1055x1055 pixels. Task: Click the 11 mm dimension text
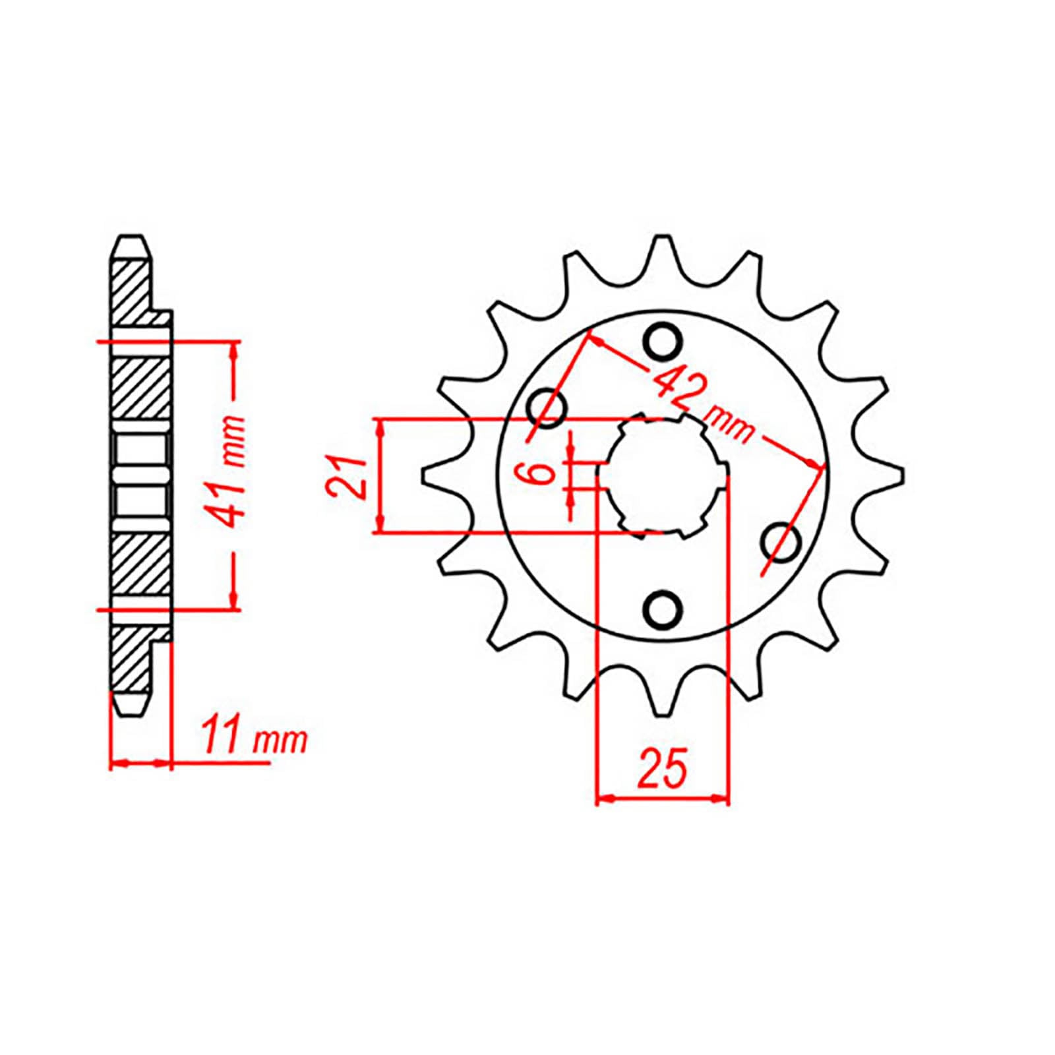pos(254,740)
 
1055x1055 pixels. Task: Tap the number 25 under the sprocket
pos(662,769)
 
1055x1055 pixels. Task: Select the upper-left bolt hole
pos(548,409)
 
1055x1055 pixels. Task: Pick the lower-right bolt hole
pos(782,541)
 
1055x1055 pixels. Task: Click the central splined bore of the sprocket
pos(663,475)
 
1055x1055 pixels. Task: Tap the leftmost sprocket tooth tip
pos(425,475)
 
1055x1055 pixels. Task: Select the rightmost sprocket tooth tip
pos(899,475)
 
